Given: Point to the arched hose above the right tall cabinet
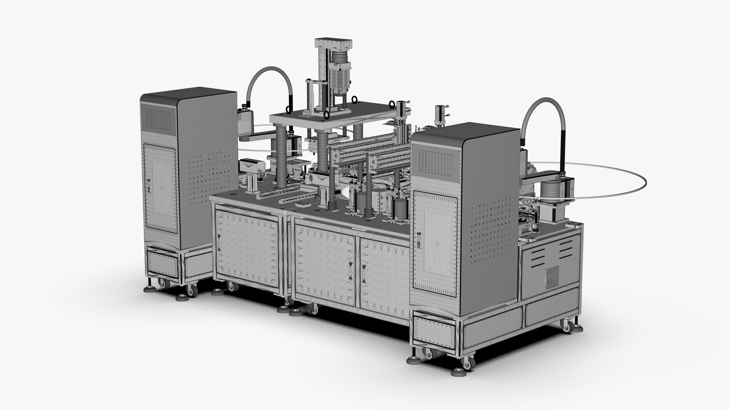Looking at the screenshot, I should coord(543,113).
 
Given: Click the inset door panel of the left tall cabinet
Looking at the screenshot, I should coord(160,188).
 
